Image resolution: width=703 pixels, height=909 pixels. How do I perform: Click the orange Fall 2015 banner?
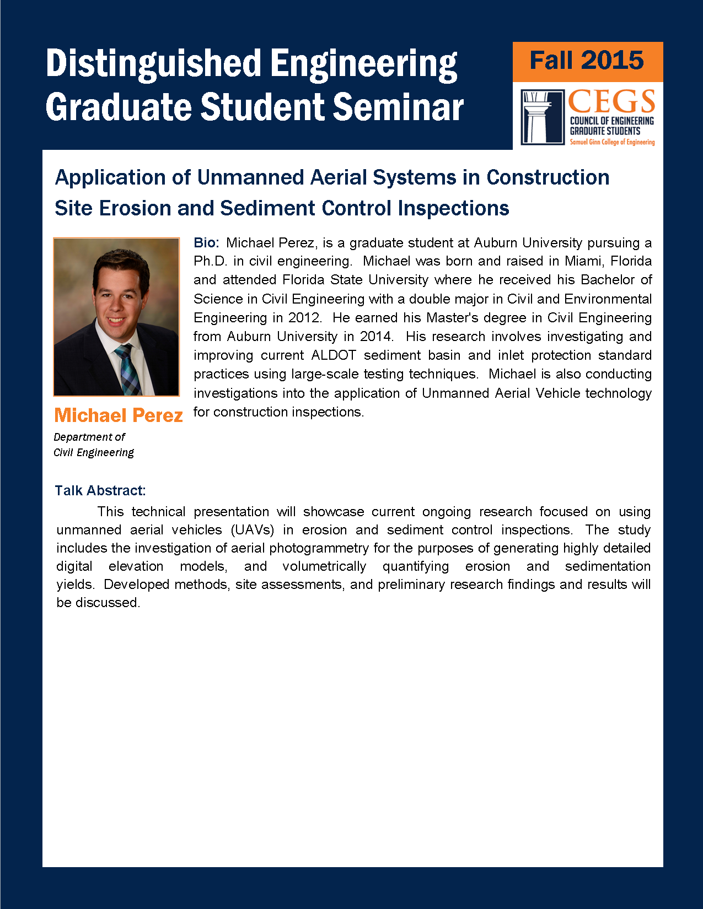[587, 62]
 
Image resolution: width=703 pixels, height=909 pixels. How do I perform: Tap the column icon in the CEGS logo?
[542, 117]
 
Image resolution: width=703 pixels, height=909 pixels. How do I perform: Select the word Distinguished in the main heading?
[154, 63]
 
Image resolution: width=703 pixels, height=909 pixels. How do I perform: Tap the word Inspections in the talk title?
[453, 208]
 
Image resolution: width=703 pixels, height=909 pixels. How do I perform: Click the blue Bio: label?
[206, 242]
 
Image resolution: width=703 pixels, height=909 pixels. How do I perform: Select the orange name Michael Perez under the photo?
[119, 415]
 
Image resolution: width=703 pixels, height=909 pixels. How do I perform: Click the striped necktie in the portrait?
[128, 370]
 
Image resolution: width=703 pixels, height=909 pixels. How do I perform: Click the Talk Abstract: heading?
[100, 490]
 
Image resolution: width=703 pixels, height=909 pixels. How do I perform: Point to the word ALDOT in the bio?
[334, 355]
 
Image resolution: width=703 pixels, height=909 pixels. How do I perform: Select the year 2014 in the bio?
[376, 336]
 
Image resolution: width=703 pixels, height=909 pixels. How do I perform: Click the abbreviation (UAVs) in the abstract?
[252, 530]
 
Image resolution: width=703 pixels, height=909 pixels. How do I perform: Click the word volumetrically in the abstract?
[324, 566]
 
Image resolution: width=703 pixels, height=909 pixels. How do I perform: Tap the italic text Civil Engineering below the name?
[94, 453]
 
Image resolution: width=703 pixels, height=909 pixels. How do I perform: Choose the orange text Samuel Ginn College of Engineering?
[612, 142]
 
